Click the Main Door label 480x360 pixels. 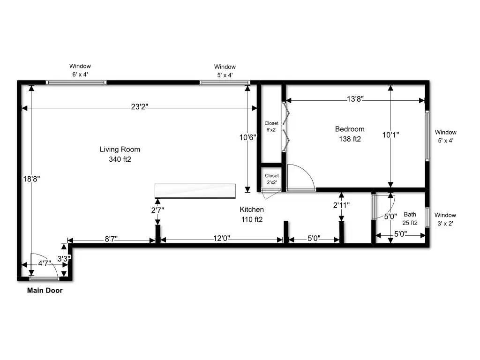(x=45, y=291)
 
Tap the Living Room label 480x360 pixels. (x=120, y=150)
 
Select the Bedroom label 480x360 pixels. (x=350, y=129)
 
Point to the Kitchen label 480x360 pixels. (x=252, y=210)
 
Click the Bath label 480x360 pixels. (x=410, y=214)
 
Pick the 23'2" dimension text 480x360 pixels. (x=140, y=107)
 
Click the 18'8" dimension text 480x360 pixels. (x=31, y=179)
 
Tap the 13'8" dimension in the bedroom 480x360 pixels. (x=355, y=99)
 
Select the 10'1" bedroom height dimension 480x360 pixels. (x=390, y=135)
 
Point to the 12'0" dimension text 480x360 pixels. (x=222, y=239)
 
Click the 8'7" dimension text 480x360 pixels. (x=111, y=239)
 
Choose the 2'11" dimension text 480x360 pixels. (x=341, y=205)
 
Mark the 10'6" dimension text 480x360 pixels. (x=247, y=137)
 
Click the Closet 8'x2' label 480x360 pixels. (x=271, y=127)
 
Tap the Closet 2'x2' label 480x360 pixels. (x=272, y=179)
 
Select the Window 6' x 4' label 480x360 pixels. (x=80, y=70)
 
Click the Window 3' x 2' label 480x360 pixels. (x=445, y=219)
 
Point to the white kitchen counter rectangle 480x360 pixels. (x=195, y=191)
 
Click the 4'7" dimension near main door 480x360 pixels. (x=45, y=263)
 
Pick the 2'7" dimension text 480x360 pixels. (x=157, y=210)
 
